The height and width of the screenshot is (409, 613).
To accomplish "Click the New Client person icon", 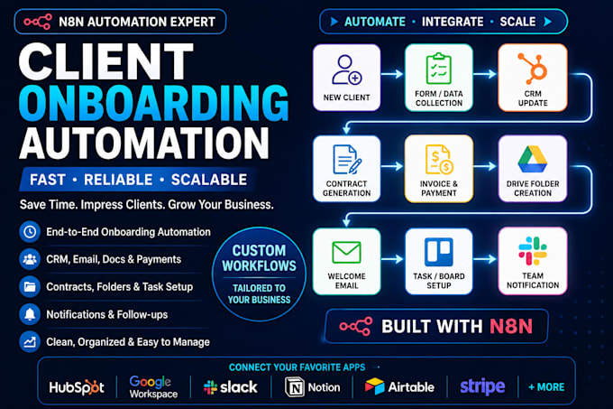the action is click(347, 70).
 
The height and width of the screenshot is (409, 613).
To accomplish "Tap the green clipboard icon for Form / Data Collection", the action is click(439, 69).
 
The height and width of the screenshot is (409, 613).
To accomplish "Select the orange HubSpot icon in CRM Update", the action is click(533, 68).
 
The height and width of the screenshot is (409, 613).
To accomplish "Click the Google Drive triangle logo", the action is click(533, 159).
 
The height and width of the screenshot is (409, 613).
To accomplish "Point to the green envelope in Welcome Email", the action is click(346, 253).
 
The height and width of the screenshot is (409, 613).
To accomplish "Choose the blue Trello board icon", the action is click(439, 252).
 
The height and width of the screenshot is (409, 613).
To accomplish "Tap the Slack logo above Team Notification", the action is click(533, 250).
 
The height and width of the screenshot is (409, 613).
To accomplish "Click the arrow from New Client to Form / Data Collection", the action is click(392, 73).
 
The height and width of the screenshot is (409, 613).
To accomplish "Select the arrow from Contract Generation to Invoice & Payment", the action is click(392, 166).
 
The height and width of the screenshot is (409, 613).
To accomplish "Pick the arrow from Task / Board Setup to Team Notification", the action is click(485, 259).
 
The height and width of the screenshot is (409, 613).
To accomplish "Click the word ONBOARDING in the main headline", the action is click(153, 103).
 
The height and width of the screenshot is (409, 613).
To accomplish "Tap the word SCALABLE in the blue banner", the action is click(209, 180).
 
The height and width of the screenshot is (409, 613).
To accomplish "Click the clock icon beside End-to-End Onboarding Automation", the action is click(30, 232).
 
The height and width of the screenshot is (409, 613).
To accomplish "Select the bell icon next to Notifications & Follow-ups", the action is click(30, 314).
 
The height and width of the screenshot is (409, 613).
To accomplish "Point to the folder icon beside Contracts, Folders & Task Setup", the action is click(30, 286).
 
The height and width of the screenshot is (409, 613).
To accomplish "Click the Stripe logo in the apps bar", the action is click(482, 386).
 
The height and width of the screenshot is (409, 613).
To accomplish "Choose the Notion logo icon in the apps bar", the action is click(295, 387).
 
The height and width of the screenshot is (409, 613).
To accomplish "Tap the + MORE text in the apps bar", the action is click(546, 387).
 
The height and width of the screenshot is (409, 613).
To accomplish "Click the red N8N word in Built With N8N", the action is click(511, 326).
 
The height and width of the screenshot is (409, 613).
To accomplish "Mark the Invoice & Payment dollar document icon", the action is click(439, 160).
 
